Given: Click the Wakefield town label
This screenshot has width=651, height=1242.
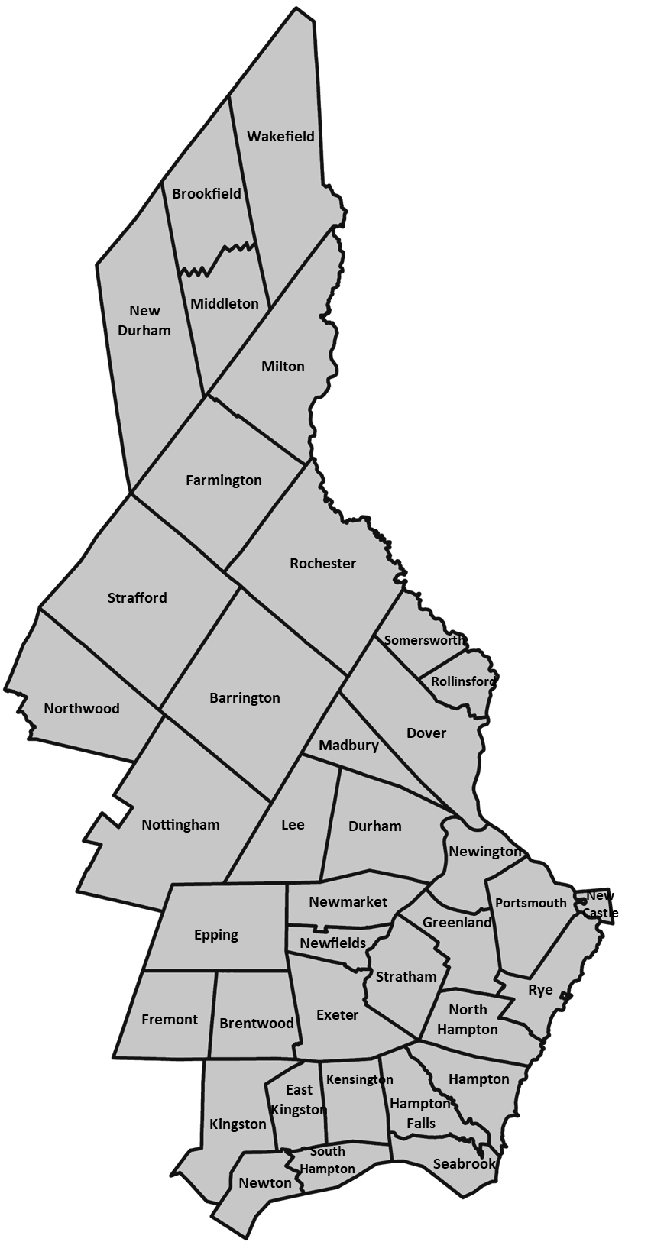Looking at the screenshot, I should [280, 137].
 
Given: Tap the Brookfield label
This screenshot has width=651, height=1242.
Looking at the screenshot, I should [206, 194].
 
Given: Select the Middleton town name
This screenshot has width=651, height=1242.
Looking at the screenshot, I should [225, 303].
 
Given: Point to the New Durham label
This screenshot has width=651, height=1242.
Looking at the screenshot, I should [144, 321].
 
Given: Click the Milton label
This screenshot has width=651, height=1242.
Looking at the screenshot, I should [283, 366].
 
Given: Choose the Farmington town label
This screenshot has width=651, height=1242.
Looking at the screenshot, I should [224, 480].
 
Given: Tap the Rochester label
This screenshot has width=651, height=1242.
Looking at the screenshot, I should [323, 564].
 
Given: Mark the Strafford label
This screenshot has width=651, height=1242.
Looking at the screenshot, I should [138, 598].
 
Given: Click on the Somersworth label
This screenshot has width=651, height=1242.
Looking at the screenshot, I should [424, 640].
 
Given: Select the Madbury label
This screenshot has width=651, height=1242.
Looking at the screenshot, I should [348, 746].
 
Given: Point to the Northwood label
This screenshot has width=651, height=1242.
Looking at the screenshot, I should [82, 708].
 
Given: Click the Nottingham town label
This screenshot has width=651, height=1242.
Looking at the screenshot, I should [180, 825].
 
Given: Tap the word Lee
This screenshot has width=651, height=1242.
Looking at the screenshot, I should [293, 825].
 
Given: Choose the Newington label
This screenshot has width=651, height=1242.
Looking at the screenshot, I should [485, 852].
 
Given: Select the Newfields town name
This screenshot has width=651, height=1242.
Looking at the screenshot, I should [332, 943].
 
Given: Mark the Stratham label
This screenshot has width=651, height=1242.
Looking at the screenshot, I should [406, 976].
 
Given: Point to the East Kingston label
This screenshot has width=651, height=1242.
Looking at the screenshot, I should [299, 1100].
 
